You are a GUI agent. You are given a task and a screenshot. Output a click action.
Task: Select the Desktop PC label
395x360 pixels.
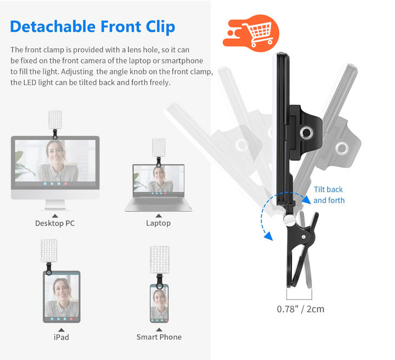click(55, 223)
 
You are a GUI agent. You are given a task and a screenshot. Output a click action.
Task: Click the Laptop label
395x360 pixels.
click(158, 223)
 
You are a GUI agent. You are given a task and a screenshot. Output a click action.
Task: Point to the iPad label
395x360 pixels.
click(61, 337)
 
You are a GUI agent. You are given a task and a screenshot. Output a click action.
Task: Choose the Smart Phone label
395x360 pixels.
click(159, 337)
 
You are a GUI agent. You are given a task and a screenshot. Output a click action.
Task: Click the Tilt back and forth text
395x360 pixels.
click(329, 195)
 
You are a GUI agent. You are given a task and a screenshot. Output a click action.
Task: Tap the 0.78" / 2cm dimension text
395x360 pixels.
click(300, 309)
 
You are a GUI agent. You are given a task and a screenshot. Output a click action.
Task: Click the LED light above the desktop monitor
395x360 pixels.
click(55, 119)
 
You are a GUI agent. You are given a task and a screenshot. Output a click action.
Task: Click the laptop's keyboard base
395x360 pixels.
click(158, 204)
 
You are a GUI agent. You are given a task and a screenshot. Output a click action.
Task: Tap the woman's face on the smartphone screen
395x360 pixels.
click(159, 297)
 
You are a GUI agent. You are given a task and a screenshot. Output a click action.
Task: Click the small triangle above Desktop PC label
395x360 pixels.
click(55, 215)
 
